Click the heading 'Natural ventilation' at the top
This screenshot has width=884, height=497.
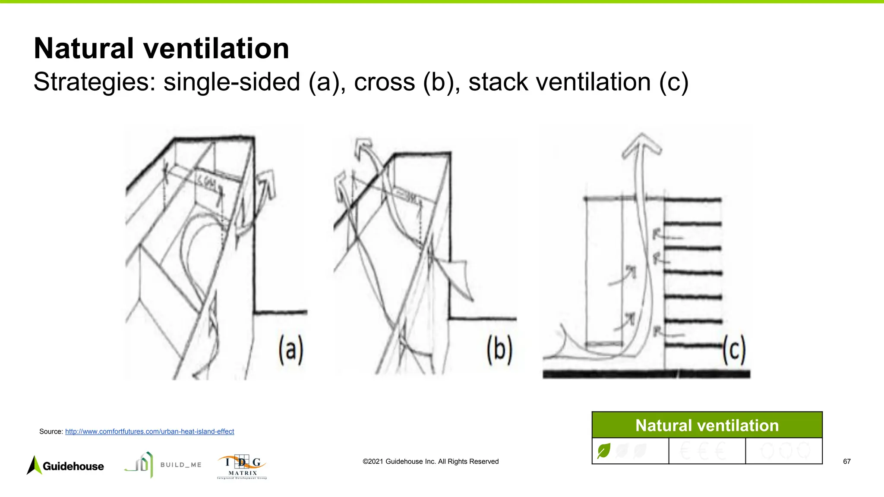[x=161, y=48]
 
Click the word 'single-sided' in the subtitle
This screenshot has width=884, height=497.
[x=231, y=82]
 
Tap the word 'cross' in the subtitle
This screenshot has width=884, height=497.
[x=384, y=82]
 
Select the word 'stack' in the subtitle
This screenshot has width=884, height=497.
[x=498, y=82]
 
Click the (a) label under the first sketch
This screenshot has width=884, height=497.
[x=290, y=350]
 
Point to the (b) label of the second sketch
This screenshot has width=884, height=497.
[x=499, y=350]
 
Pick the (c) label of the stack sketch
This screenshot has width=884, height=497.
[x=734, y=351]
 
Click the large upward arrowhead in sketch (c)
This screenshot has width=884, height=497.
[x=642, y=145]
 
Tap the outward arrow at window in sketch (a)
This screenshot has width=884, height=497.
[x=264, y=183]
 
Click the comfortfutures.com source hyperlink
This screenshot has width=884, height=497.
[x=149, y=431]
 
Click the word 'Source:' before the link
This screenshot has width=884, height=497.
[x=51, y=431]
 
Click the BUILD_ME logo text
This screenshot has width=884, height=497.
[x=181, y=465]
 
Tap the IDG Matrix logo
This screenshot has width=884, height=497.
[x=242, y=467]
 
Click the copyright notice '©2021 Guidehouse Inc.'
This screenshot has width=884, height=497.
[x=430, y=462]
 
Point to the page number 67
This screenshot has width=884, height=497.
[x=846, y=462]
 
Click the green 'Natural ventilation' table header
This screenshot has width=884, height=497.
[x=707, y=425]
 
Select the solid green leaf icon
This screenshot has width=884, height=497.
[x=603, y=451]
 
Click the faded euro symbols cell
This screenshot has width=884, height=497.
[x=707, y=451]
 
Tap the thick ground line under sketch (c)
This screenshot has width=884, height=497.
[x=646, y=374]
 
